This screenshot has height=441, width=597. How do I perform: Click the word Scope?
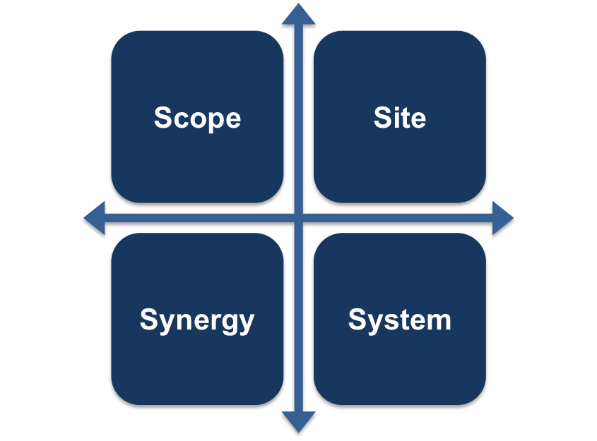click(x=197, y=119)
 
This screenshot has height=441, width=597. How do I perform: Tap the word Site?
click(x=400, y=117)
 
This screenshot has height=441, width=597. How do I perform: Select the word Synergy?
click(x=197, y=320)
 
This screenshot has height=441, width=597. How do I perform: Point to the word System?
click(x=400, y=320)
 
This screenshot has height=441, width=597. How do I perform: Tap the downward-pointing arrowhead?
click(x=298, y=421)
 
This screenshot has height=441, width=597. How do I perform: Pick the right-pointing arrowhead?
click(x=502, y=218)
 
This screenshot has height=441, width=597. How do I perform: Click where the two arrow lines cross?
click(x=298, y=218)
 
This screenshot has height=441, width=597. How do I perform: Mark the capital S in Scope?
click(x=163, y=117)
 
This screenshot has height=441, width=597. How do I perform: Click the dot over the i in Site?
click(x=398, y=109)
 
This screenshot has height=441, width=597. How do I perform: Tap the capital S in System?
click(x=357, y=319)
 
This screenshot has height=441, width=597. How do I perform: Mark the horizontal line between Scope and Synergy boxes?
click(x=197, y=218)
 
